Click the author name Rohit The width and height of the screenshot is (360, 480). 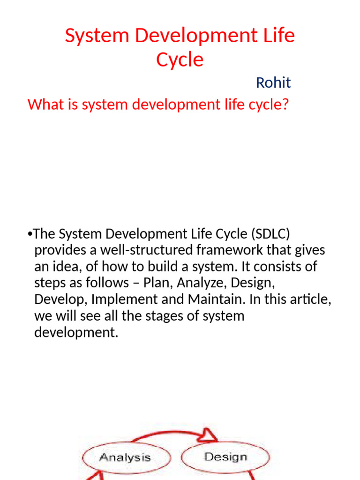273,83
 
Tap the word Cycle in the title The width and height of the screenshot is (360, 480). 180,60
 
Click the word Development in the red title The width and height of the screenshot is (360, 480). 185,36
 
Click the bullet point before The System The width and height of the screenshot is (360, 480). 30,234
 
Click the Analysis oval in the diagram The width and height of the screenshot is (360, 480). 125,457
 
